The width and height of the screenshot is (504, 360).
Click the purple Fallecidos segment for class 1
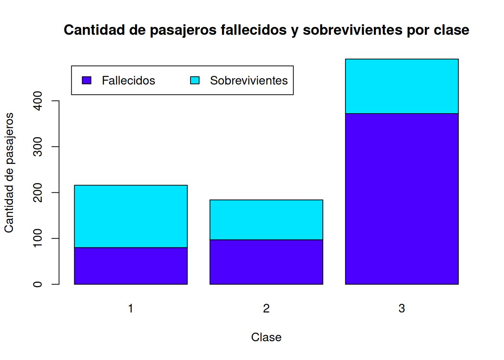click(x=130, y=266)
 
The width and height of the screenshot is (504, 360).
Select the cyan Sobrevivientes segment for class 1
click(x=130, y=216)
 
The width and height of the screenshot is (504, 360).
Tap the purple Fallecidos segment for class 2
click(x=266, y=262)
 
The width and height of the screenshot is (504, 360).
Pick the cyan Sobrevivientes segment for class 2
click(x=266, y=220)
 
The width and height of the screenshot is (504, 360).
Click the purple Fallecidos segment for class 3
click(x=402, y=199)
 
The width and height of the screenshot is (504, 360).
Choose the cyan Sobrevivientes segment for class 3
click(x=402, y=86)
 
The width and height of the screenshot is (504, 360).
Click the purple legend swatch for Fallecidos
click(x=87, y=80)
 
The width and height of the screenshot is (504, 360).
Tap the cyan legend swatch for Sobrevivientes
click(x=195, y=80)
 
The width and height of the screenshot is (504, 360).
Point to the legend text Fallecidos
click(x=128, y=81)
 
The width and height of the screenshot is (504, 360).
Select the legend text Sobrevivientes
click(x=249, y=81)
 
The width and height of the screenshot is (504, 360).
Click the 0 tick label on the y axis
click(x=37, y=284)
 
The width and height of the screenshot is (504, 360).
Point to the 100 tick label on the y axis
click(x=37, y=238)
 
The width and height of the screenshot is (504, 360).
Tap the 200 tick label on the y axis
click(x=37, y=193)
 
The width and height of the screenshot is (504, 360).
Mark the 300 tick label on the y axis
click(x=37, y=147)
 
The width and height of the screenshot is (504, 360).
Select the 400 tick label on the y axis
click(x=37, y=101)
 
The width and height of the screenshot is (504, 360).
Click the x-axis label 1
click(x=130, y=308)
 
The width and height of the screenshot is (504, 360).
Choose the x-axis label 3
click(x=402, y=308)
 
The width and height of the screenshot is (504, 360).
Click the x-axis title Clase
click(x=266, y=337)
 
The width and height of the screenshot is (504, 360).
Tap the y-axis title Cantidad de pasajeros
click(x=9, y=172)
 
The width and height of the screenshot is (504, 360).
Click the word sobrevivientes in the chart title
click(x=352, y=30)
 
